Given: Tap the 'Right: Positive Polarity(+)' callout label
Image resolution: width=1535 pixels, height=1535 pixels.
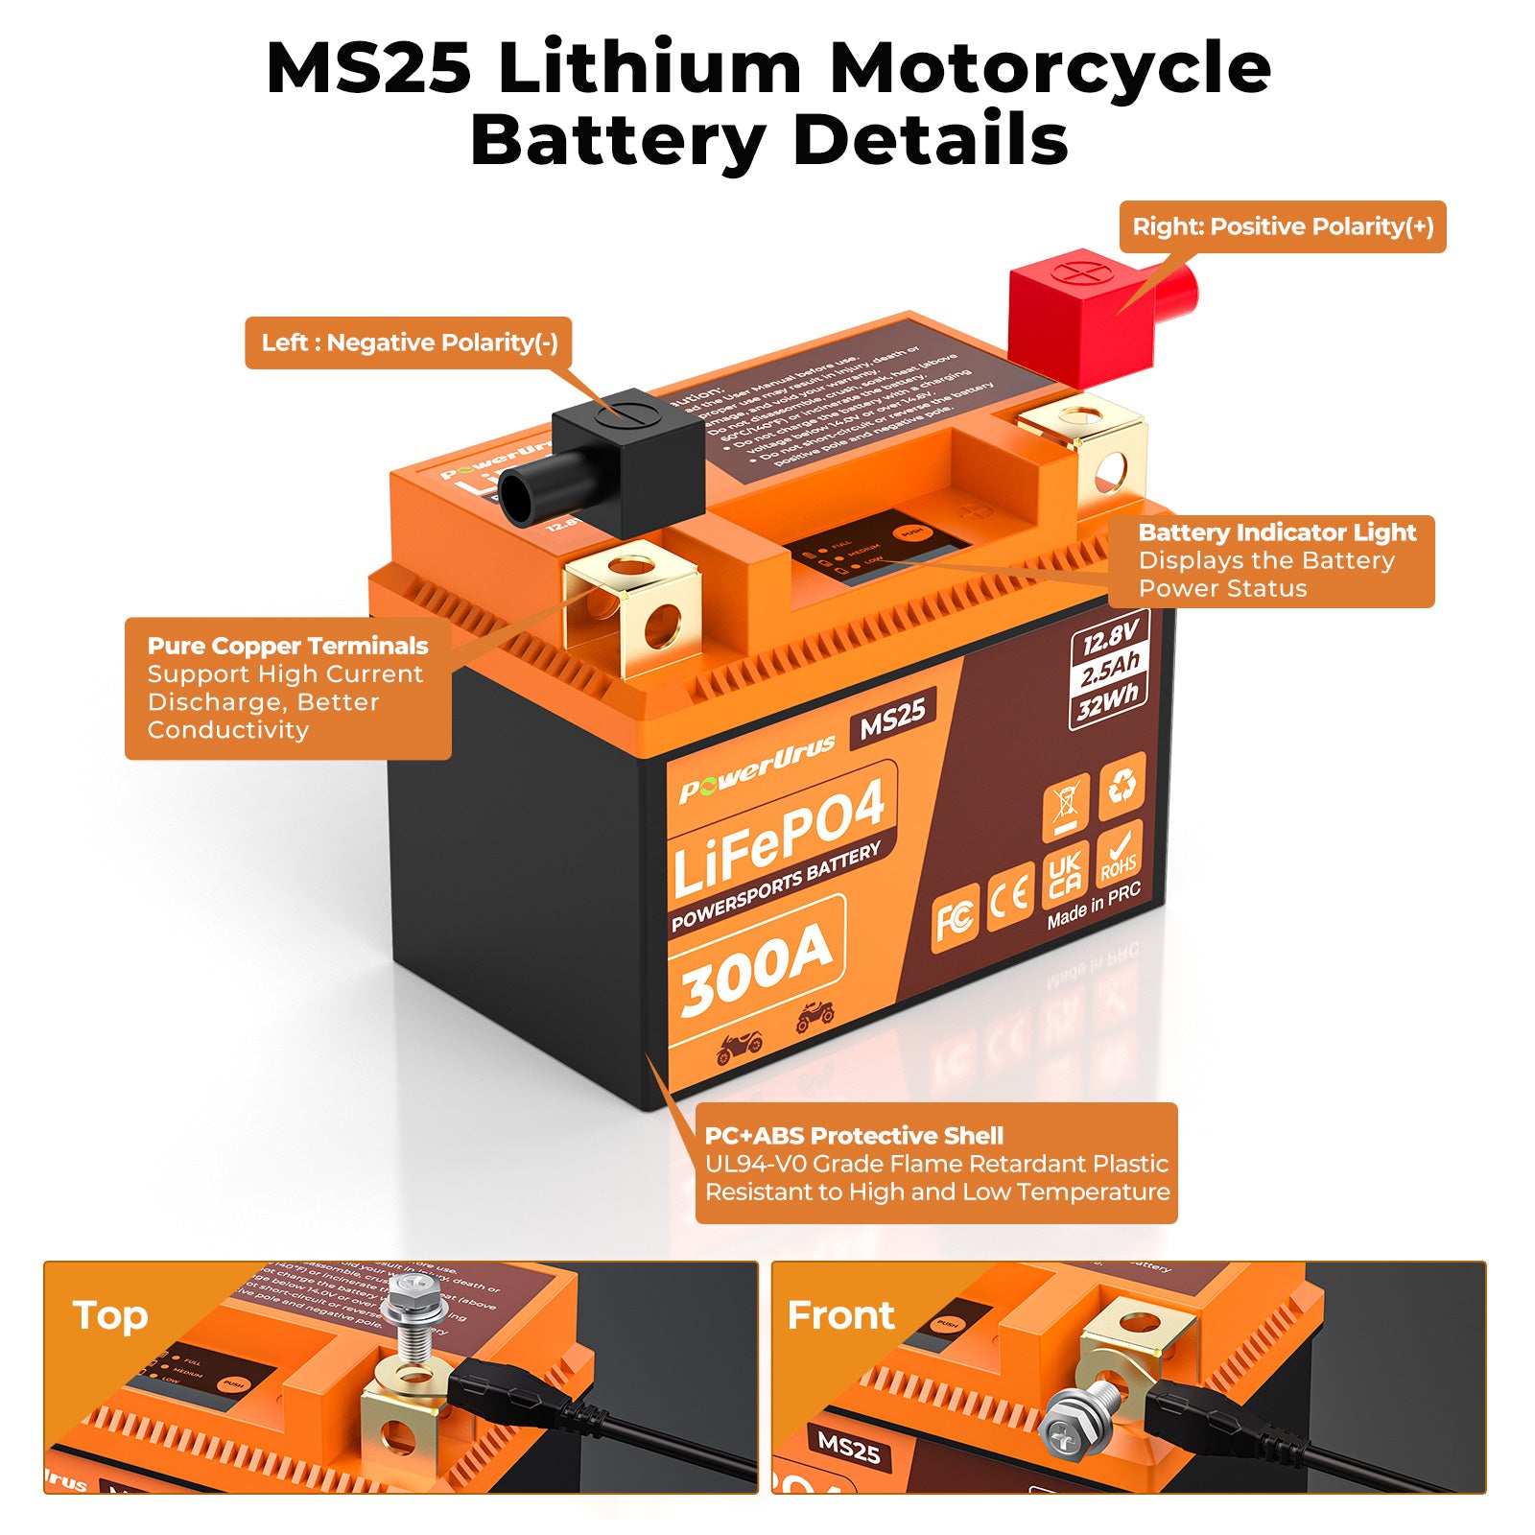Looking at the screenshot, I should pyautogui.click(x=1283, y=226).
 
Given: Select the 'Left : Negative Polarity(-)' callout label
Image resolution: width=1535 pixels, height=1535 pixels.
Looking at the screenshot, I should pyautogui.click(x=409, y=342).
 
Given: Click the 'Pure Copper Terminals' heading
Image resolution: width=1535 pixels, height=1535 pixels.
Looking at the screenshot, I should pyautogui.click(x=288, y=646).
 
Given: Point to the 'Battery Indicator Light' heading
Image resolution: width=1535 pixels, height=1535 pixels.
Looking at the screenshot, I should pyautogui.click(x=1277, y=532).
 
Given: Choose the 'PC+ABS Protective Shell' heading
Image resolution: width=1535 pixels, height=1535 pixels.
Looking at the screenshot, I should pyautogui.click(x=854, y=1136).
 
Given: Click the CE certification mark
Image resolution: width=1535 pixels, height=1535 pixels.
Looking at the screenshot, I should pyautogui.click(x=1010, y=895).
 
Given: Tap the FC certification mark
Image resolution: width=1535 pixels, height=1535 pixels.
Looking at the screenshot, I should pyautogui.click(x=956, y=917).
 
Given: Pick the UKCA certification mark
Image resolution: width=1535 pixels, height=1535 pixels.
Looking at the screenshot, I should pyautogui.click(x=1065, y=875).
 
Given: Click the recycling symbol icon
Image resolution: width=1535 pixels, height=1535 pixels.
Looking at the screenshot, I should pyautogui.click(x=1122, y=785).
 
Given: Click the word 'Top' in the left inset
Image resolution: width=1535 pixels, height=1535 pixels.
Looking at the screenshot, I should pyautogui.click(x=110, y=1315).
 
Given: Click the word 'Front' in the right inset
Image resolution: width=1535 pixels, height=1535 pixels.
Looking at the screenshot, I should pyautogui.click(x=840, y=1315).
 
